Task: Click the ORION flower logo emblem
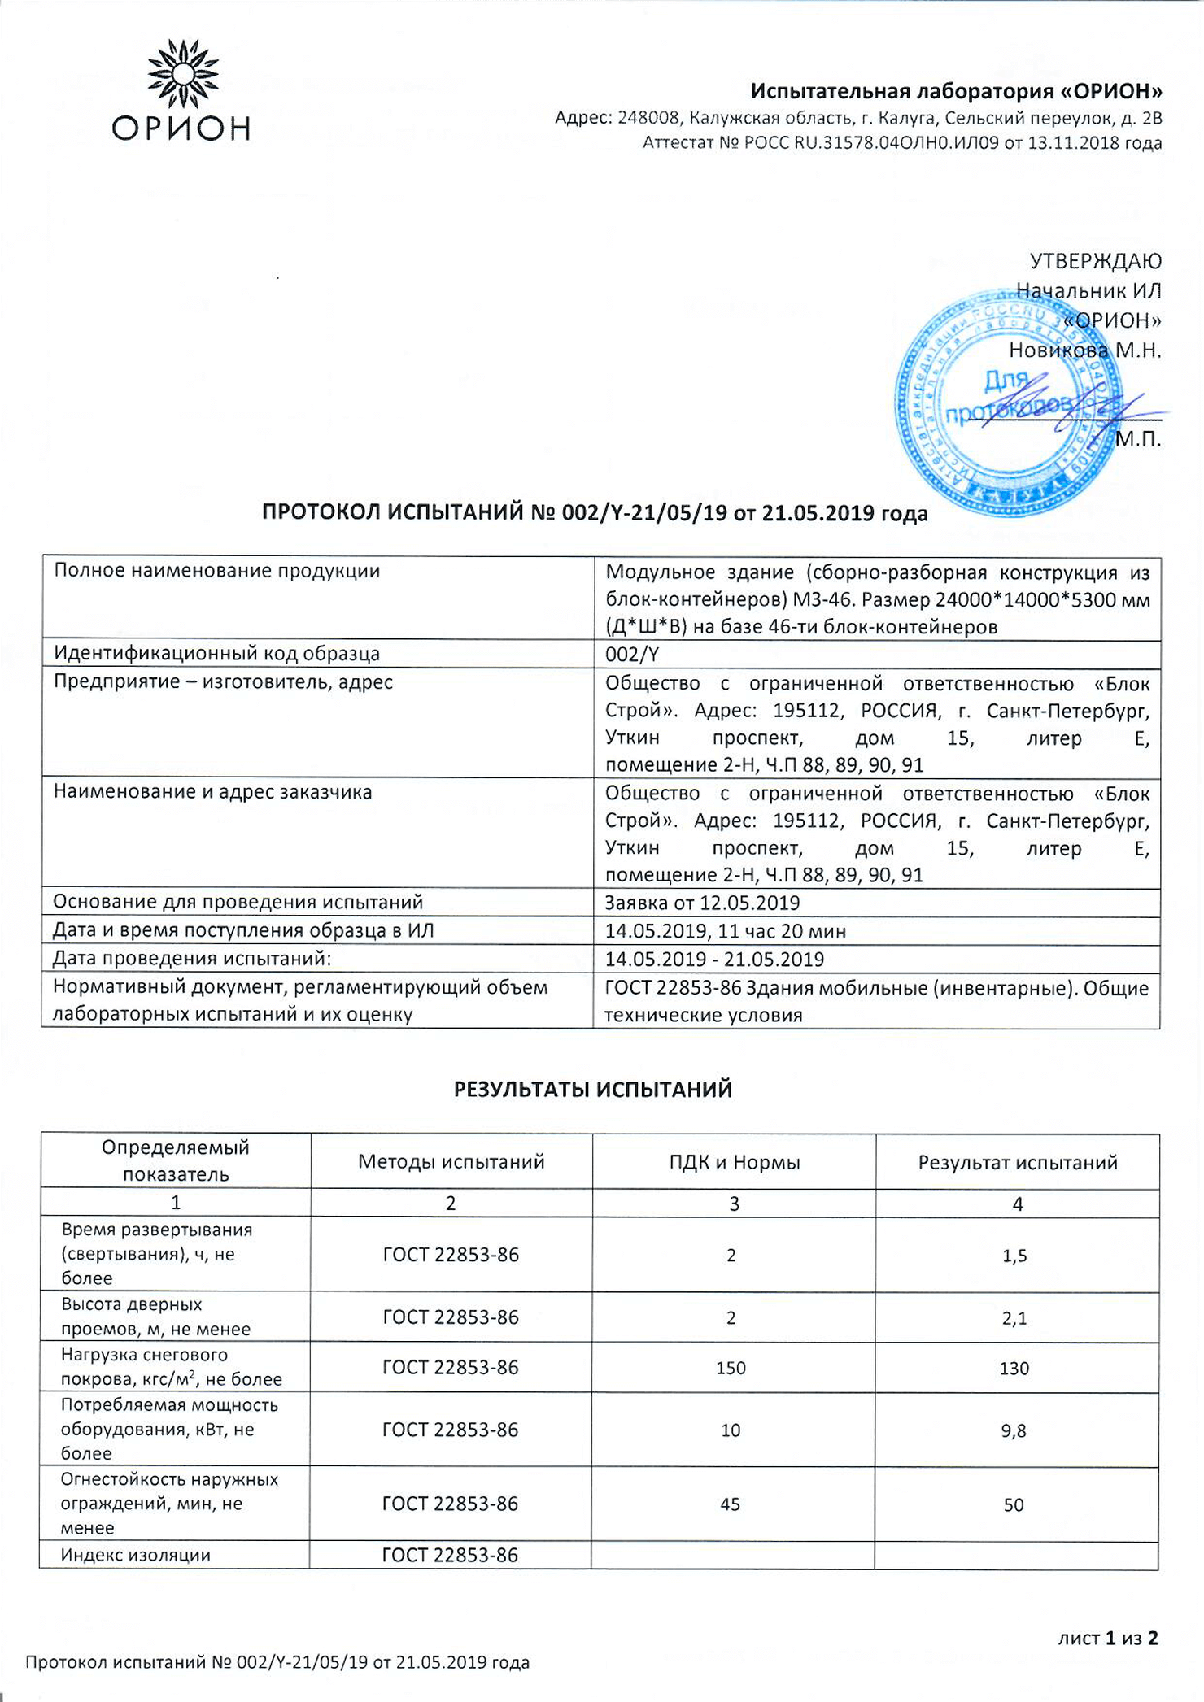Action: point(183,74)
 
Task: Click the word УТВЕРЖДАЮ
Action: point(1095,261)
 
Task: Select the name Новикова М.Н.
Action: point(1084,350)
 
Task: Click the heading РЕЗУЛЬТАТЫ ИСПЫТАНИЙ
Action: point(593,1090)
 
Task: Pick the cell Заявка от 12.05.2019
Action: point(702,903)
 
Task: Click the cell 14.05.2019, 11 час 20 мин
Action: point(725,931)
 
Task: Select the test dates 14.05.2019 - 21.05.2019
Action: point(714,960)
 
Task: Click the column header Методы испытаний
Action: point(451,1162)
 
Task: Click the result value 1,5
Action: point(1014,1256)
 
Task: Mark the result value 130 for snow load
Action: point(1014,1368)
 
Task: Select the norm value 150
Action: point(731,1368)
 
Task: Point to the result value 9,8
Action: point(1014,1430)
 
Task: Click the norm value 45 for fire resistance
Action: point(730,1504)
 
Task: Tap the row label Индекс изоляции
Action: point(136,1555)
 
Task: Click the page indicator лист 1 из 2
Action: point(1107,1638)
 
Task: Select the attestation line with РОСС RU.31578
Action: point(901,143)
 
